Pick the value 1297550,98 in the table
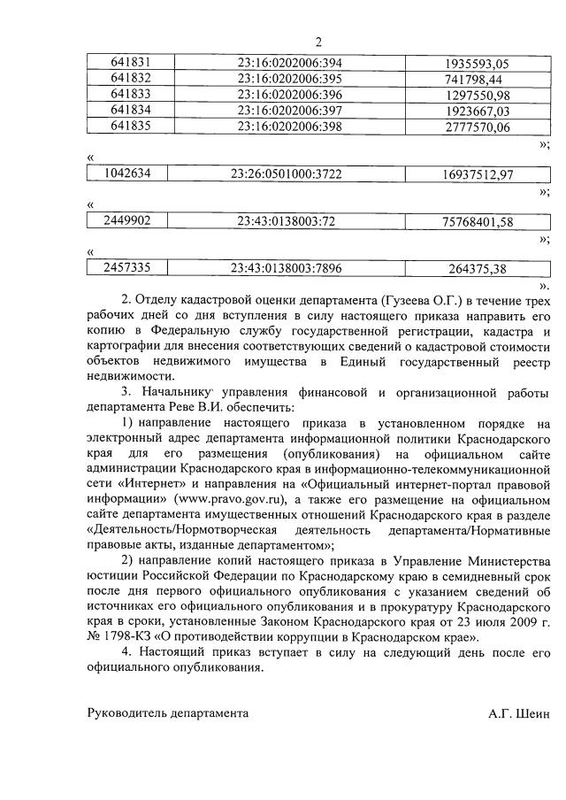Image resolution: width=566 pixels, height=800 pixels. point(478,96)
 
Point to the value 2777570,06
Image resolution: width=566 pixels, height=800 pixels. point(478,127)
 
